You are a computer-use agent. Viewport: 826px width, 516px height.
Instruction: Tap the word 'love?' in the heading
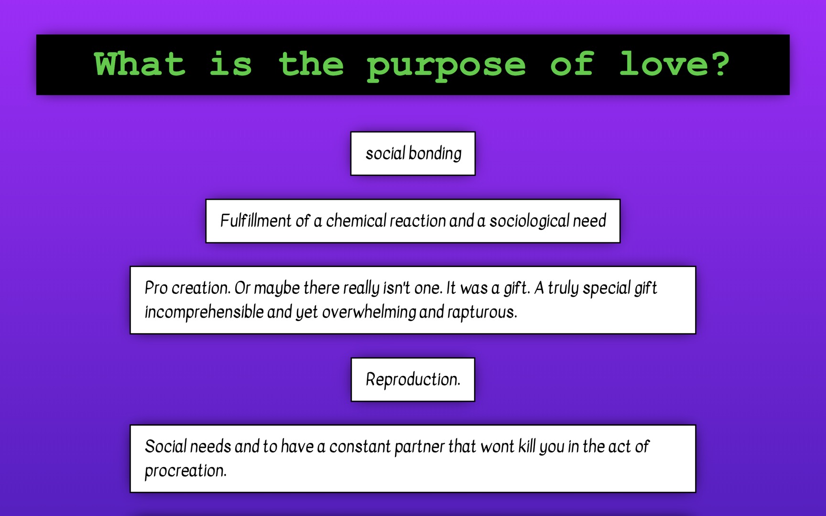[x=674, y=64]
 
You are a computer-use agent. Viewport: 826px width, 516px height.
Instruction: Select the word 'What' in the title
[x=140, y=64]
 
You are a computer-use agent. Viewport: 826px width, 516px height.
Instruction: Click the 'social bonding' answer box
[x=413, y=153]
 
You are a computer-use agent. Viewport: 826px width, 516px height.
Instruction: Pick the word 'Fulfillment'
[x=255, y=221]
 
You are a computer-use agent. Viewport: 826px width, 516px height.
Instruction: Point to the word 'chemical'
[x=356, y=221]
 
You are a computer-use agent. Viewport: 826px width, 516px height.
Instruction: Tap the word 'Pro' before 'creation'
[x=156, y=288]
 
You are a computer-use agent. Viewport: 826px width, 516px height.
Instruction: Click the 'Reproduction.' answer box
[x=413, y=380]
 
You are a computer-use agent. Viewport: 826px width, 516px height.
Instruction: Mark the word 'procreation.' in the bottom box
[x=185, y=471]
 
